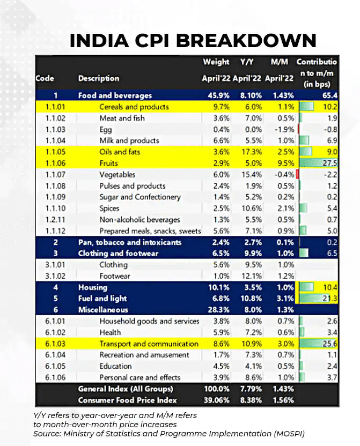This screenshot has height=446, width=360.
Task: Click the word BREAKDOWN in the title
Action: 246,40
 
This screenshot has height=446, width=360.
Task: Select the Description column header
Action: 99,78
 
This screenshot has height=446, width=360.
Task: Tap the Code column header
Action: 45,78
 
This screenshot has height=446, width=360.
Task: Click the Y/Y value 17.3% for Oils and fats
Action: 252,152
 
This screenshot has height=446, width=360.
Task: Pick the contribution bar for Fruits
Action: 318,163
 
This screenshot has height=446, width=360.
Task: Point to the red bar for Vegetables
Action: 297,174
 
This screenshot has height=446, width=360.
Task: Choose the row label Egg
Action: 106,130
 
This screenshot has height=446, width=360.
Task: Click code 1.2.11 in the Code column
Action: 55,220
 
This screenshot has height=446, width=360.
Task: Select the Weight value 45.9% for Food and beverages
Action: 218,95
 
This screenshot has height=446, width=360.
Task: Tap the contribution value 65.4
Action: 330,95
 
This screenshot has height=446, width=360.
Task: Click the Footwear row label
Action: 115,276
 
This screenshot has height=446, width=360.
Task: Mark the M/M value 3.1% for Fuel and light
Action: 285,299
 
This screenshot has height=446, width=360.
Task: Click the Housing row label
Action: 93,287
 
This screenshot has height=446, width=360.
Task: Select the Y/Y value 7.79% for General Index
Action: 251,389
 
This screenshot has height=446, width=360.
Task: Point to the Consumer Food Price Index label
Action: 128,400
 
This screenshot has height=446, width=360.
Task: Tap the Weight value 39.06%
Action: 216,400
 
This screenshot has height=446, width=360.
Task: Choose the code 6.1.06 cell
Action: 55,377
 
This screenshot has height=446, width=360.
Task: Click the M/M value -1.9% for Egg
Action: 284,130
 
